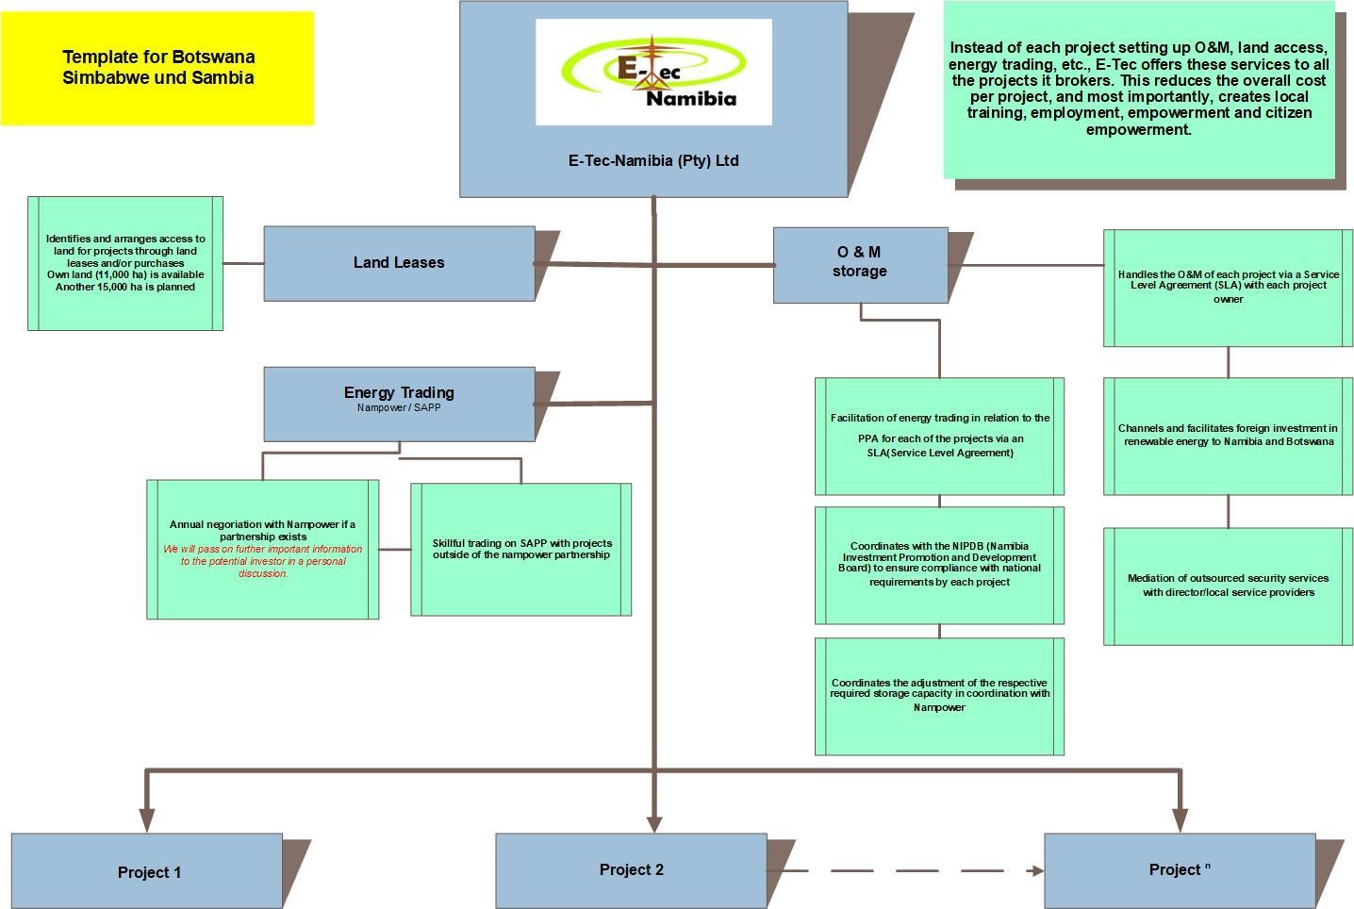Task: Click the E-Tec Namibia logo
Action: (x=653, y=72)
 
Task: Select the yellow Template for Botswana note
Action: (x=157, y=68)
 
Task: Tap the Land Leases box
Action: (x=399, y=263)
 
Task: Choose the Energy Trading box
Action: (x=399, y=404)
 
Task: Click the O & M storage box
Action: (x=860, y=265)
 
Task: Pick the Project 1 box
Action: (x=147, y=871)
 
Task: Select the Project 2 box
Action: (x=631, y=870)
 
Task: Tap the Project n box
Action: (x=1179, y=870)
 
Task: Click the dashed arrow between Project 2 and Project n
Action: (x=905, y=870)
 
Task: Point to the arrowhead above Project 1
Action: (x=147, y=818)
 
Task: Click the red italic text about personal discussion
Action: (x=263, y=561)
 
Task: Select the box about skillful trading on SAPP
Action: (x=521, y=549)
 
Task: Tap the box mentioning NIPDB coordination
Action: (x=939, y=565)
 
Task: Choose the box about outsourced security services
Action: (x=1228, y=586)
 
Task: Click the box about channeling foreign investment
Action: (x=1228, y=436)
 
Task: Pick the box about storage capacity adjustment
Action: (x=939, y=696)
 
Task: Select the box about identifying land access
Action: (x=125, y=263)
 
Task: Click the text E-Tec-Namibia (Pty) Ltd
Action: (x=653, y=161)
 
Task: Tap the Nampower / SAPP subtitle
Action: (x=399, y=408)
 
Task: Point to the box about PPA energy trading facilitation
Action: (x=939, y=436)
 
